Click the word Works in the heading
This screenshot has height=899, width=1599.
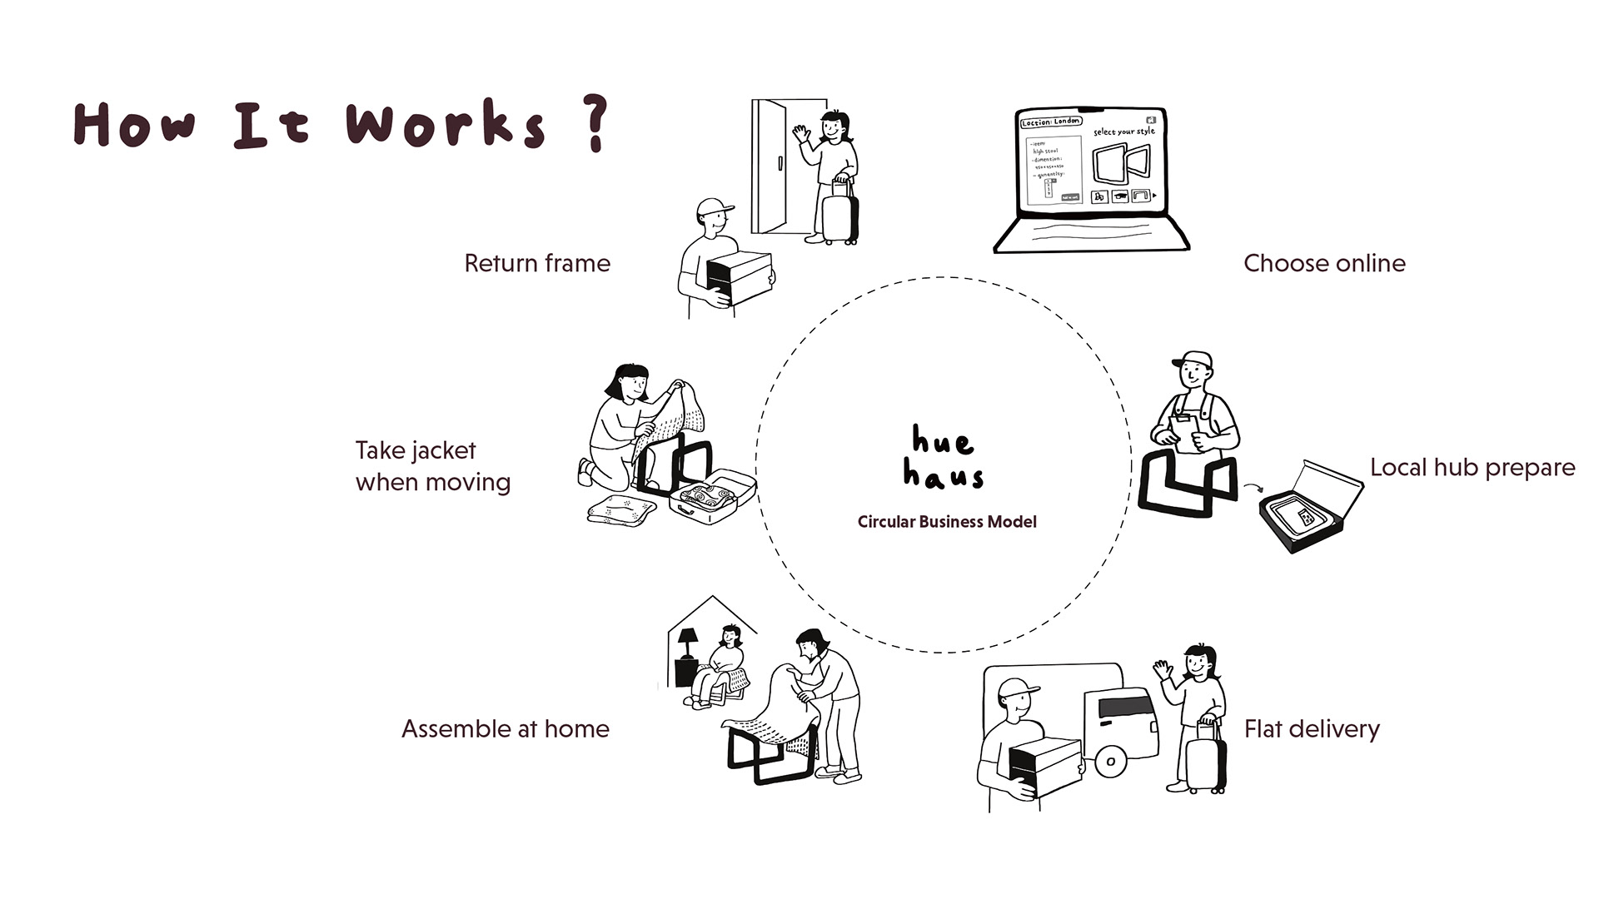click(446, 125)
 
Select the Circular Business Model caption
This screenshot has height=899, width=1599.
click(947, 522)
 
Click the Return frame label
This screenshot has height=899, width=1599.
click(537, 263)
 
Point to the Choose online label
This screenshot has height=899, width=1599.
click(1324, 263)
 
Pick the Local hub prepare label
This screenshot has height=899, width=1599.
click(1472, 467)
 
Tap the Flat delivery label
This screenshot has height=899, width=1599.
click(1312, 729)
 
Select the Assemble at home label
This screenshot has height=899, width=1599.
click(506, 729)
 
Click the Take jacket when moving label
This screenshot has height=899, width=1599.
click(433, 466)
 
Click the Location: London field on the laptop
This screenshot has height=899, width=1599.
click(1051, 122)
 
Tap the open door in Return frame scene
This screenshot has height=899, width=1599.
click(770, 166)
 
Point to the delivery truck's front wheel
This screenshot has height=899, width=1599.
click(1110, 761)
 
